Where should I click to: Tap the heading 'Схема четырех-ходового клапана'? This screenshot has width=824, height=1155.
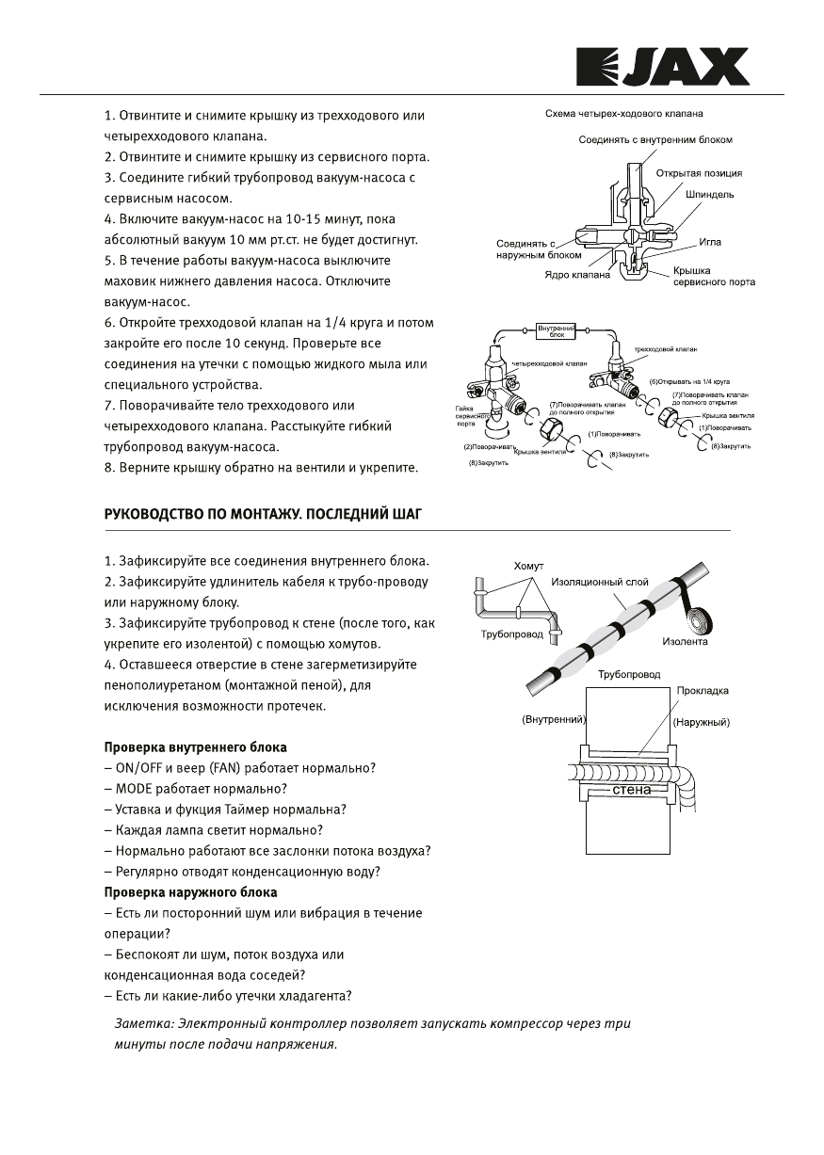pyautogui.click(x=624, y=114)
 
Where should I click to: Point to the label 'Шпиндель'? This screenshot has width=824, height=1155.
pyautogui.click(x=710, y=194)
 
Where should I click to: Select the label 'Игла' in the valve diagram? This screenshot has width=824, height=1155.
pyautogui.click(x=710, y=242)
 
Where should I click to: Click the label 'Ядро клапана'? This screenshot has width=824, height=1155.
pyautogui.click(x=576, y=275)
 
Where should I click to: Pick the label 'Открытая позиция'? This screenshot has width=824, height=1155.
pyautogui.click(x=698, y=173)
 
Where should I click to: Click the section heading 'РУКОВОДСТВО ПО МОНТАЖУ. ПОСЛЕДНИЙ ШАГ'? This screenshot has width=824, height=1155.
pyautogui.click(x=262, y=514)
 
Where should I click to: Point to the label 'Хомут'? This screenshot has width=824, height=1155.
pyautogui.click(x=528, y=566)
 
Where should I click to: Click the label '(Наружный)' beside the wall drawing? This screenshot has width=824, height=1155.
pyautogui.click(x=702, y=722)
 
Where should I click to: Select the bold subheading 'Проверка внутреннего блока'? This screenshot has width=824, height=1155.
pyautogui.click(x=195, y=747)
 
